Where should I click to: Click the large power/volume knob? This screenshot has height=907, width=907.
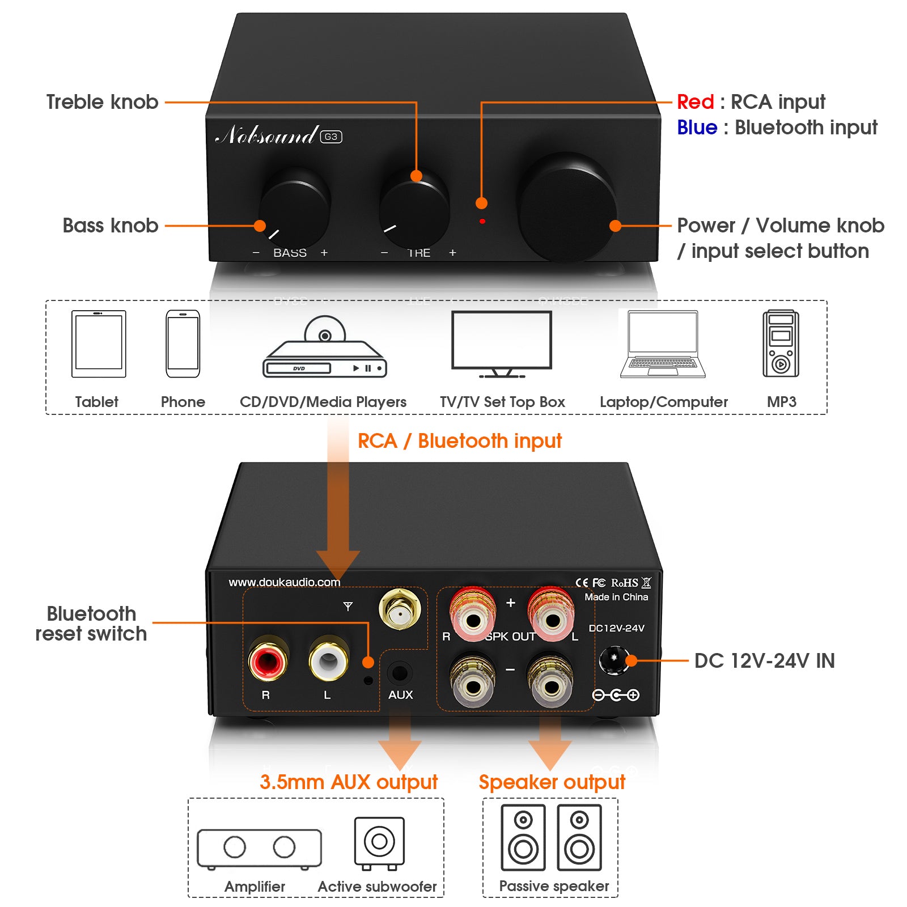[x=567, y=207]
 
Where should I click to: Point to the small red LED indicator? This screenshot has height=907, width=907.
[x=482, y=221]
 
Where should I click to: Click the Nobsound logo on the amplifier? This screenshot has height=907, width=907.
[x=267, y=135]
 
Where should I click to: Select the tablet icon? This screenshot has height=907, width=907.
[x=99, y=344]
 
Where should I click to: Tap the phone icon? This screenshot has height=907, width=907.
[x=183, y=344]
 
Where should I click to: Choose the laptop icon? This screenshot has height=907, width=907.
[x=663, y=344]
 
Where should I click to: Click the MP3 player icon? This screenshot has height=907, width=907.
[x=781, y=344]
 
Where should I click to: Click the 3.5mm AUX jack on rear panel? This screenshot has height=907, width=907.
[x=400, y=673]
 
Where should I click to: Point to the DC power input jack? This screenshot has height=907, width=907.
[x=613, y=660]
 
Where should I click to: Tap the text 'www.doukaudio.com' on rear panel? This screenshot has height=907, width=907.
[x=284, y=582]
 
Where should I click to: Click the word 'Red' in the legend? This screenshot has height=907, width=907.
[x=695, y=102]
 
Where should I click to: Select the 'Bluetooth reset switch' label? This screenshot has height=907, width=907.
[x=91, y=624]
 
